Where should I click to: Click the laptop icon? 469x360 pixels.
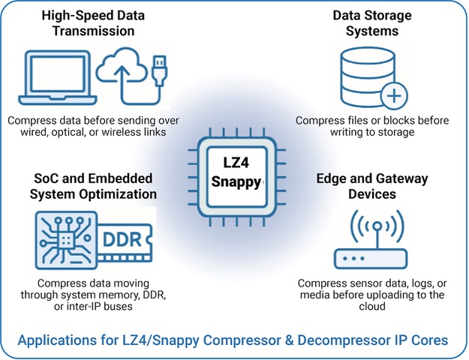coord(58,78)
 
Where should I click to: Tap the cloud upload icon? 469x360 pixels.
coord(122,74)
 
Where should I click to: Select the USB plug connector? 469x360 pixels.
coord(160,70)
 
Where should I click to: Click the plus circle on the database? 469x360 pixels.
coord(394,96)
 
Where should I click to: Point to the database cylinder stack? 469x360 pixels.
coord(368,77)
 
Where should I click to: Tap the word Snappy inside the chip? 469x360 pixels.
coord(236,181)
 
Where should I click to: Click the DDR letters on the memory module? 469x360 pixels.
coord(122,239)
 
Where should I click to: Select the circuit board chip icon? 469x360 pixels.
coord(66,240)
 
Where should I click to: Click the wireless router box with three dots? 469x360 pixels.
coord(371,259)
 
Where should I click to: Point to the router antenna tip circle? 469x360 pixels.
coord(377,226)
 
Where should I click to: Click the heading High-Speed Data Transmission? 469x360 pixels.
coord(93,23)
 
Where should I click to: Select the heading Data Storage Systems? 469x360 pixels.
coord(372,23)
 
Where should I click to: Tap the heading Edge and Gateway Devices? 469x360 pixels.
coord(372,186)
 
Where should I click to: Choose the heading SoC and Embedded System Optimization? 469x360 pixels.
coord(93,186)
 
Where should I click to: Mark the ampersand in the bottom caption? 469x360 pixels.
coord(289,340)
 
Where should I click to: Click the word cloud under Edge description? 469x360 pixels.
coord(372,307)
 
